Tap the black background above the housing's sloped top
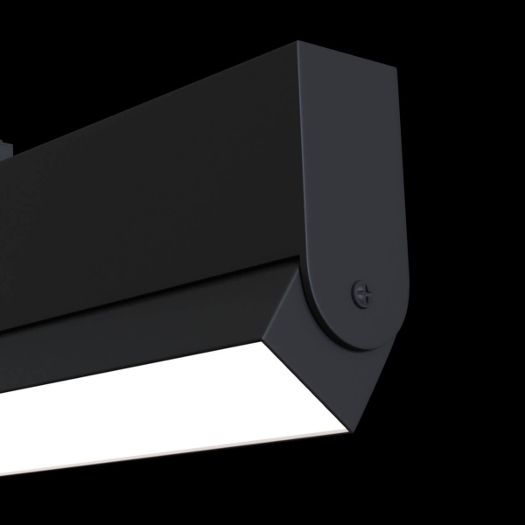click(x=131, y=52)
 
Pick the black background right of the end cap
click(x=464, y=219)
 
